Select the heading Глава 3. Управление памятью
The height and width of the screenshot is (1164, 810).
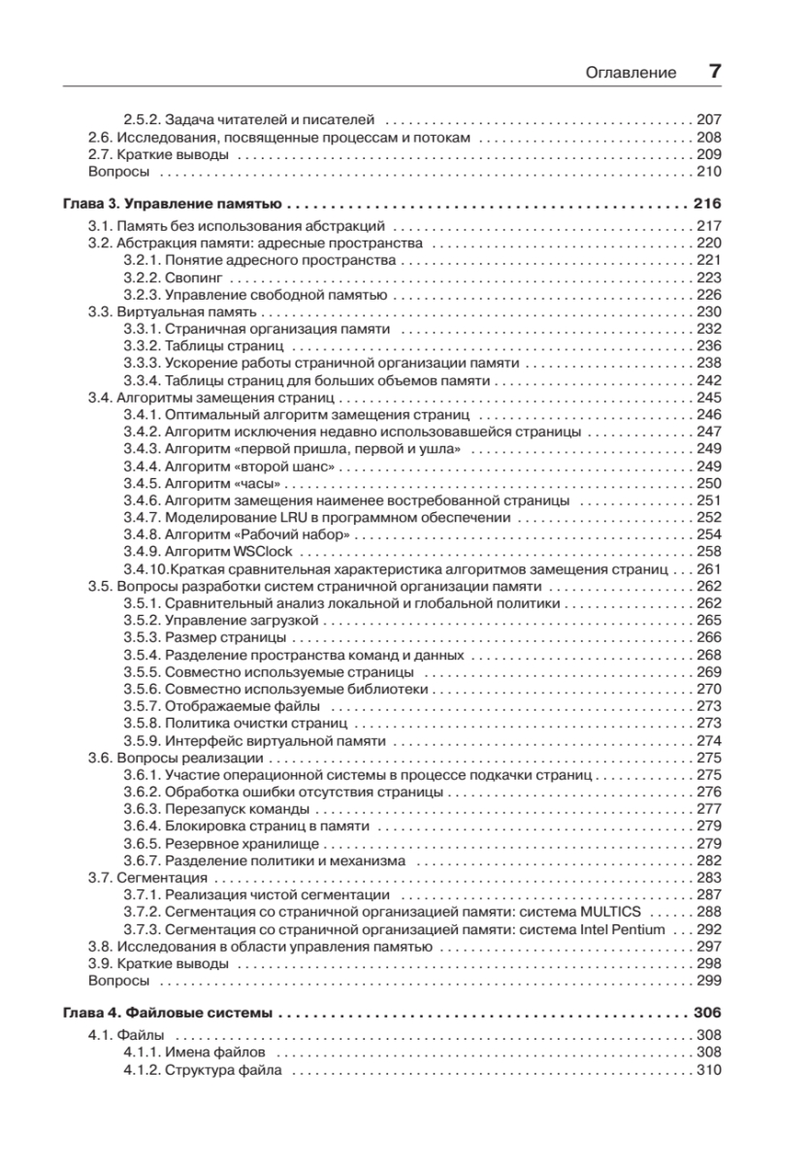(172, 206)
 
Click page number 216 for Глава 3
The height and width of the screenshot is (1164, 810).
(708, 206)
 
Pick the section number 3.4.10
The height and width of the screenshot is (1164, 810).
(145, 568)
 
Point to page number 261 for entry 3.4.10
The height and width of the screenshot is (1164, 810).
(710, 568)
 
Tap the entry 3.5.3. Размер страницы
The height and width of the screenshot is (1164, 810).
(205, 638)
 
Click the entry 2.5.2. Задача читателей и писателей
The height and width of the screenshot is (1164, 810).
(247, 120)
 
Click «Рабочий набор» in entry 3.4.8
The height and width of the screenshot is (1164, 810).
(297, 534)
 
